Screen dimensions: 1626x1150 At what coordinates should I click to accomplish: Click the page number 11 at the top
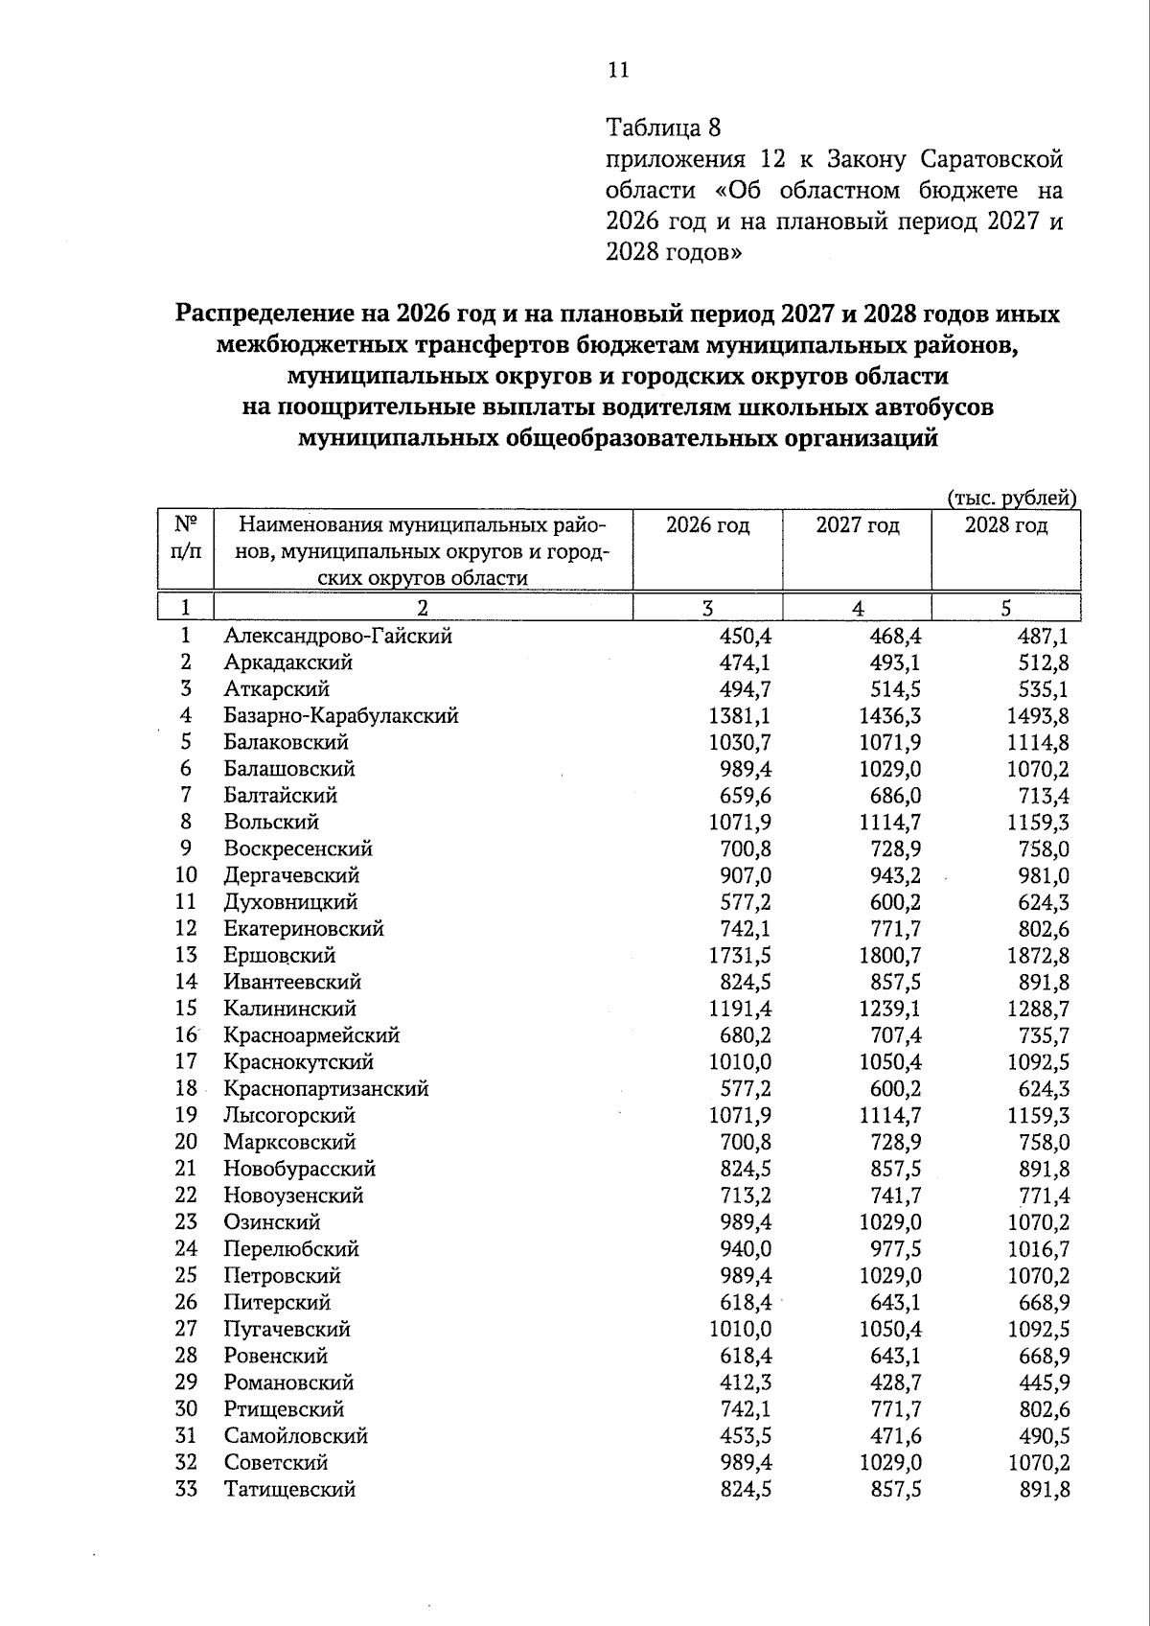click(x=617, y=69)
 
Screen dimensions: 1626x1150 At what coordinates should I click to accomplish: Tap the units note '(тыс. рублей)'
click(x=1012, y=498)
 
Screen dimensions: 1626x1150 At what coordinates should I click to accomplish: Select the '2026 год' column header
click(x=707, y=525)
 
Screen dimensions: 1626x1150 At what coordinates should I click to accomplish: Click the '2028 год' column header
click(x=1005, y=525)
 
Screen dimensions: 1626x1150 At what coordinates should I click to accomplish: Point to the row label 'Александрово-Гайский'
click(x=337, y=636)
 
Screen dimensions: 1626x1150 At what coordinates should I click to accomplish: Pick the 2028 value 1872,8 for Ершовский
click(x=1039, y=955)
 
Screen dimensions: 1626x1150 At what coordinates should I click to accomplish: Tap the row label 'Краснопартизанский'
click(x=326, y=1088)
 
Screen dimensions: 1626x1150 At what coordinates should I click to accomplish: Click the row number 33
click(x=186, y=1489)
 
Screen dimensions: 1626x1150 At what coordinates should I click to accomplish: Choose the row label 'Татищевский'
click(x=289, y=1489)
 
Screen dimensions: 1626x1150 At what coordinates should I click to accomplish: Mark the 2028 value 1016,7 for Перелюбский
click(x=1039, y=1248)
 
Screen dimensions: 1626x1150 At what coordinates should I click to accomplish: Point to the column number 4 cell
click(x=857, y=608)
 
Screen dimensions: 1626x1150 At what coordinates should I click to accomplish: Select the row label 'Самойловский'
click(x=295, y=1435)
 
